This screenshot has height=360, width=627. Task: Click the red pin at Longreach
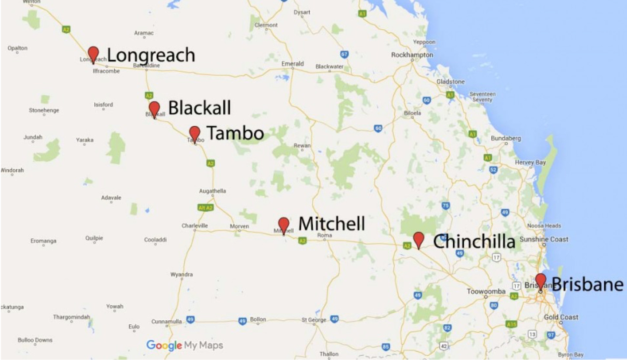tap(93, 54)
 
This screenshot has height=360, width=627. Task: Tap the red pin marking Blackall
tap(154, 108)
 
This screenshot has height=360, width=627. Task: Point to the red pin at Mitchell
tap(284, 225)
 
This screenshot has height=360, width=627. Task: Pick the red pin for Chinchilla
tap(419, 239)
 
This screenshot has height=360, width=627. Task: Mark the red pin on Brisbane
tap(541, 280)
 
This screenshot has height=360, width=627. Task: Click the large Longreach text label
tap(151, 55)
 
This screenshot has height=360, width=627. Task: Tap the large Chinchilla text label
tap(474, 241)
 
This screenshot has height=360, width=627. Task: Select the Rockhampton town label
tap(412, 55)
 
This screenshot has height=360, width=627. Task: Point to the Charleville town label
tap(195, 226)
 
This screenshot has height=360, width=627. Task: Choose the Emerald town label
tap(293, 64)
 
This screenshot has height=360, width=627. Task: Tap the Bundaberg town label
tap(506, 138)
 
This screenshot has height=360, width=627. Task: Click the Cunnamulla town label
tap(166, 322)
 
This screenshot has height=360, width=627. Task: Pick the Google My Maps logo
tap(185, 345)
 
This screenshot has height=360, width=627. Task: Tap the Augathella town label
tap(213, 191)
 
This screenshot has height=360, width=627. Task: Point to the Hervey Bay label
tap(530, 163)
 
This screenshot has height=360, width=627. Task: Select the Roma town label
tap(325, 235)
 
